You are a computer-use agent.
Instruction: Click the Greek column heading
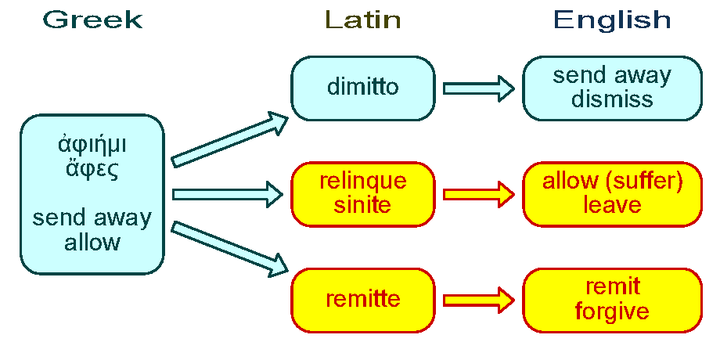(93, 20)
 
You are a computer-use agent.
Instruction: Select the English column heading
(612, 20)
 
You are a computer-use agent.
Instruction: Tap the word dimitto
(362, 87)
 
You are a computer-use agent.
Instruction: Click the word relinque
(363, 182)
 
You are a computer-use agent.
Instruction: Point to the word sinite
(362, 205)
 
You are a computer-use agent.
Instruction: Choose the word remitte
(362, 298)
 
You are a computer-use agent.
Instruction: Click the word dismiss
(612, 99)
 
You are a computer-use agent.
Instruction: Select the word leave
(612, 205)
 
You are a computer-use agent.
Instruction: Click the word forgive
(612, 311)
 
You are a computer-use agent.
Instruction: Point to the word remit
(612, 287)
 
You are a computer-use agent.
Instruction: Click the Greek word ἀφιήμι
(92, 145)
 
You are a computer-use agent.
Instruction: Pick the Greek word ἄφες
(92, 170)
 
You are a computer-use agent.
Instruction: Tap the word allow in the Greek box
(92, 242)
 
